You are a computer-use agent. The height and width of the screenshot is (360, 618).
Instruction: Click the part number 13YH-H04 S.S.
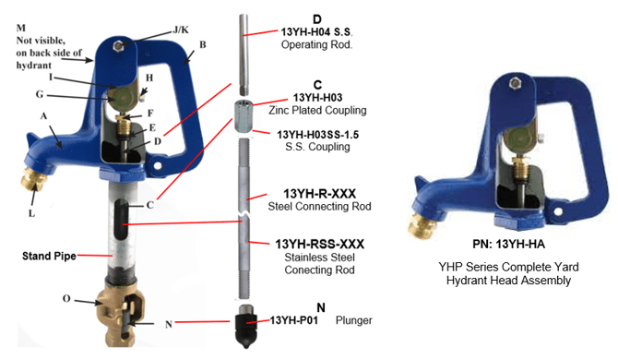tap(316, 32)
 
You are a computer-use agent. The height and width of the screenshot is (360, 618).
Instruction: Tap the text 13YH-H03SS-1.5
tap(317, 135)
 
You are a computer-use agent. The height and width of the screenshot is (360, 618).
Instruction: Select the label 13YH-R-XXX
tap(320, 194)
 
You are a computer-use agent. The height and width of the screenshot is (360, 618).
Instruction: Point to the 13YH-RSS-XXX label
tap(320, 244)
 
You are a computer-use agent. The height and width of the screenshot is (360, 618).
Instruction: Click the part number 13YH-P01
tap(293, 319)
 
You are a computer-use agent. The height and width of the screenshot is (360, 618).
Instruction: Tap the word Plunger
tap(353, 320)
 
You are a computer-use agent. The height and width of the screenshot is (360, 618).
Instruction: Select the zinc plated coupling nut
tap(242, 116)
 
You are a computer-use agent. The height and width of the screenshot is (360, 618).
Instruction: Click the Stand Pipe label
tap(49, 256)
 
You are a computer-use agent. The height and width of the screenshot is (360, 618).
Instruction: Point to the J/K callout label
tap(181, 30)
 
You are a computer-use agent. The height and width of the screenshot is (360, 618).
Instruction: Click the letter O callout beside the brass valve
tap(66, 298)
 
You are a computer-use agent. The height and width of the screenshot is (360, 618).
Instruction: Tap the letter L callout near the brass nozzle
tap(32, 213)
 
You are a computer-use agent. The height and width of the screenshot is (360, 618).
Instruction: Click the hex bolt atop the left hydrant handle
tap(117, 46)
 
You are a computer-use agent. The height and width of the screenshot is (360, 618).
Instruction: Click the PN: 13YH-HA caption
tap(509, 245)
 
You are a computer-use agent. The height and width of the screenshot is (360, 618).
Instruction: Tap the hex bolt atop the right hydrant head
tap(514, 83)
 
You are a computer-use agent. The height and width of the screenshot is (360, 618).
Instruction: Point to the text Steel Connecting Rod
tap(320, 206)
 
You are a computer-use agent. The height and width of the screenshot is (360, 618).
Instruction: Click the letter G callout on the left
tap(40, 94)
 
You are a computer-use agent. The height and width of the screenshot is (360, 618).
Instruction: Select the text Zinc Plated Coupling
tap(317, 110)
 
